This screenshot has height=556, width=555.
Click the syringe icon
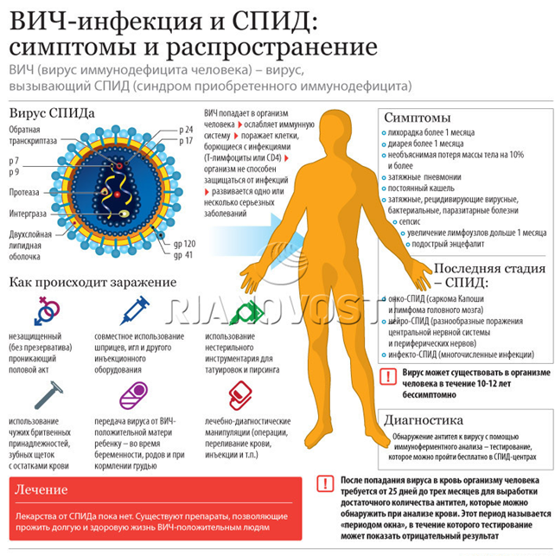tap(135, 310)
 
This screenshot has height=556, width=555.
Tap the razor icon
tap(48, 395)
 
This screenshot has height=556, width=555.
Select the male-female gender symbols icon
tap(47, 310)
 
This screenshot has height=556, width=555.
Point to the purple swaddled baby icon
tap(134, 395)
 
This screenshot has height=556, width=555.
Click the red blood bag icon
tap(240, 395)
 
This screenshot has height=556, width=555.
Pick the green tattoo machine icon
tap(246, 313)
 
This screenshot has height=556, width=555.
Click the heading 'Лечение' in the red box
tap(41, 489)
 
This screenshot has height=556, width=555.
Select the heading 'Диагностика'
tap(424, 420)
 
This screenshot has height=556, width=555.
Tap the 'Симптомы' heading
tap(418, 118)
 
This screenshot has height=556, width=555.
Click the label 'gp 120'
tap(184, 244)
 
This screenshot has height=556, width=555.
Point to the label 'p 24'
tap(186, 130)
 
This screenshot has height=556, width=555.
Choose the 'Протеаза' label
tap(24, 192)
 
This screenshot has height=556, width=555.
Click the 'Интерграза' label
tap(28, 214)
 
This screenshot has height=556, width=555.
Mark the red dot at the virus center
tap(118, 195)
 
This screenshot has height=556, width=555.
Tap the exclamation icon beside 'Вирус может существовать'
tap(388, 377)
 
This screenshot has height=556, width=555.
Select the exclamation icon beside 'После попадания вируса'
tap(325, 483)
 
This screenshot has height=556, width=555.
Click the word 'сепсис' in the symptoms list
tap(410, 222)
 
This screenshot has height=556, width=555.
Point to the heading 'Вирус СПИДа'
tap(52, 113)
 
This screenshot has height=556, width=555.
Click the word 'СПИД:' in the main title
tap(275, 22)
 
